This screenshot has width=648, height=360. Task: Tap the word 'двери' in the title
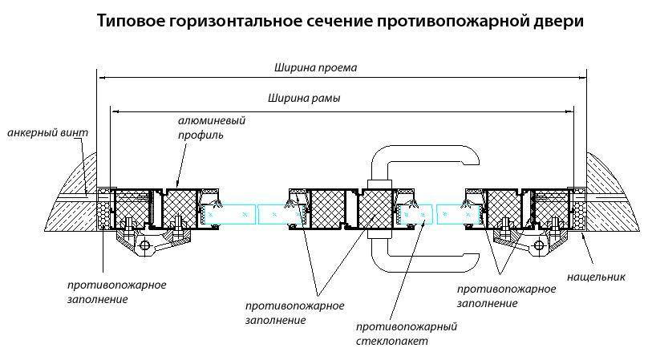[x=561, y=22]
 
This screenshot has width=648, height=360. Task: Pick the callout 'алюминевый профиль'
[x=211, y=127]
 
